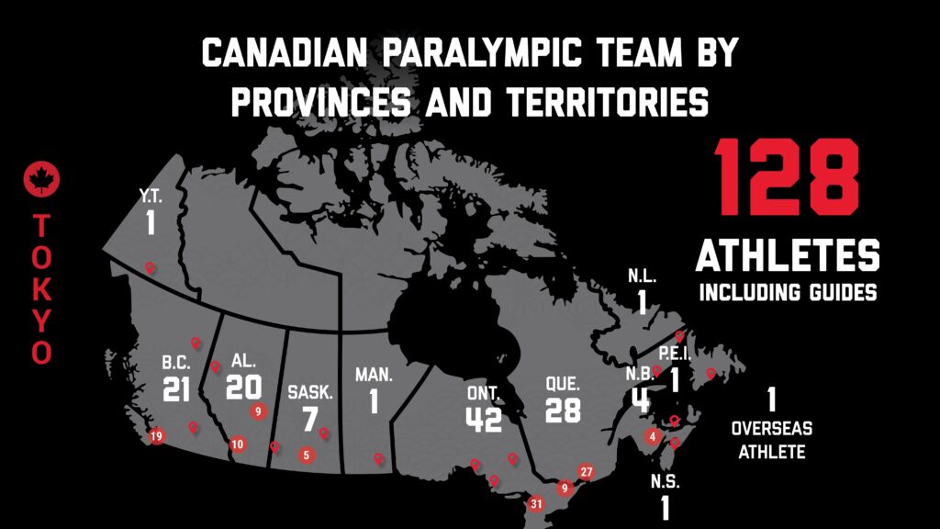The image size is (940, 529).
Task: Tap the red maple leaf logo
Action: (41, 179)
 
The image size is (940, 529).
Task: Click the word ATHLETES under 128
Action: (788, 255)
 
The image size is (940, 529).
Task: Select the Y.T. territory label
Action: (150, 195)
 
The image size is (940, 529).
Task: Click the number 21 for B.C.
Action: (175, 389)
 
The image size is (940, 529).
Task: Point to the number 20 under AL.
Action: (243, 387)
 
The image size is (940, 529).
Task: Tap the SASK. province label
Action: (310, 391)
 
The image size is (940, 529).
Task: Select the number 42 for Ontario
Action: (483, 418)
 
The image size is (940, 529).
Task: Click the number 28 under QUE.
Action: (562, 410)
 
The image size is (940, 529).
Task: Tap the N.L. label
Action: (643, 275)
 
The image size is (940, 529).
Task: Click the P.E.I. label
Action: (674, 354)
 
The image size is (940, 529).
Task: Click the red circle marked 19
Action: (156, 436)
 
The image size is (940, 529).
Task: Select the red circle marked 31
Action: (536, 502)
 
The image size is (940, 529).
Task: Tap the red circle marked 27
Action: (587, 472)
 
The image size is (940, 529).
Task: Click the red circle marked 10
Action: (238, 445)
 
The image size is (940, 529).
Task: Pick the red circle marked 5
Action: (306, 454)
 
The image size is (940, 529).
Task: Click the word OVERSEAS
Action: (771, 429)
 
